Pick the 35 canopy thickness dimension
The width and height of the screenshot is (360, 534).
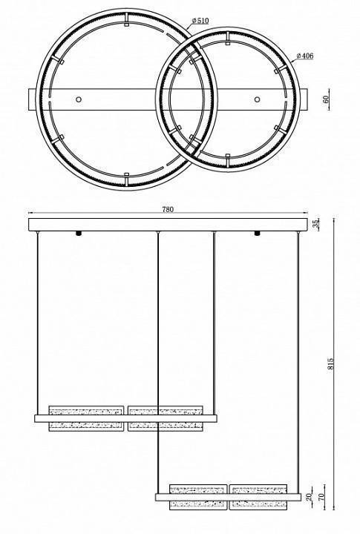315,224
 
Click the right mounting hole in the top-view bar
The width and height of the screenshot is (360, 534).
257,99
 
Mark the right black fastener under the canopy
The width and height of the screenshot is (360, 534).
257,234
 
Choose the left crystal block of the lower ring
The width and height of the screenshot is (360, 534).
197,496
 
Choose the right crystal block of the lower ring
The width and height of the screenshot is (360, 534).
257,496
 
